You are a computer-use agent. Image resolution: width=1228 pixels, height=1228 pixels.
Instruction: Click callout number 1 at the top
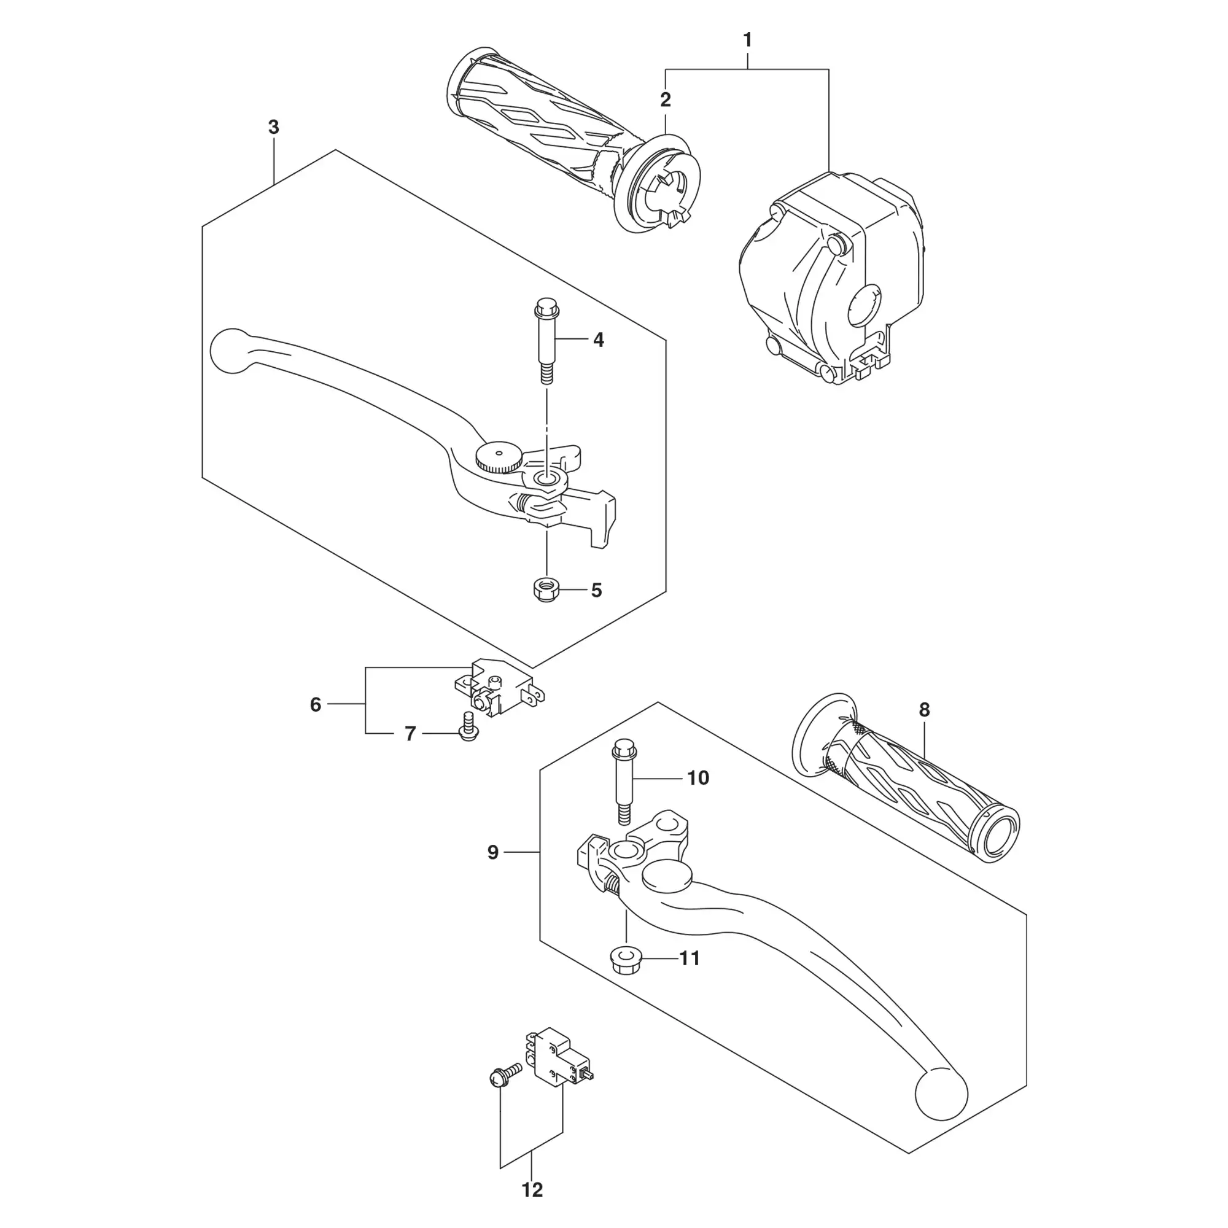click(747, 41)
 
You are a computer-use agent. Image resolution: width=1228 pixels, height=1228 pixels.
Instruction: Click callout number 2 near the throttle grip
click(666, 100)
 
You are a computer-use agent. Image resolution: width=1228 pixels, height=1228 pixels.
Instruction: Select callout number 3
click(273, 128)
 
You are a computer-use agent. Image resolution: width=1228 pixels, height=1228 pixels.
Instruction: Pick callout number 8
click(924, 710)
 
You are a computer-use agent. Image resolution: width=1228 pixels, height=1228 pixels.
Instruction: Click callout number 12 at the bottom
click(532, 1189)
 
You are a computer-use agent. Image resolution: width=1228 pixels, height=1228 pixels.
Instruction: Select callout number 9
click(492, 853)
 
